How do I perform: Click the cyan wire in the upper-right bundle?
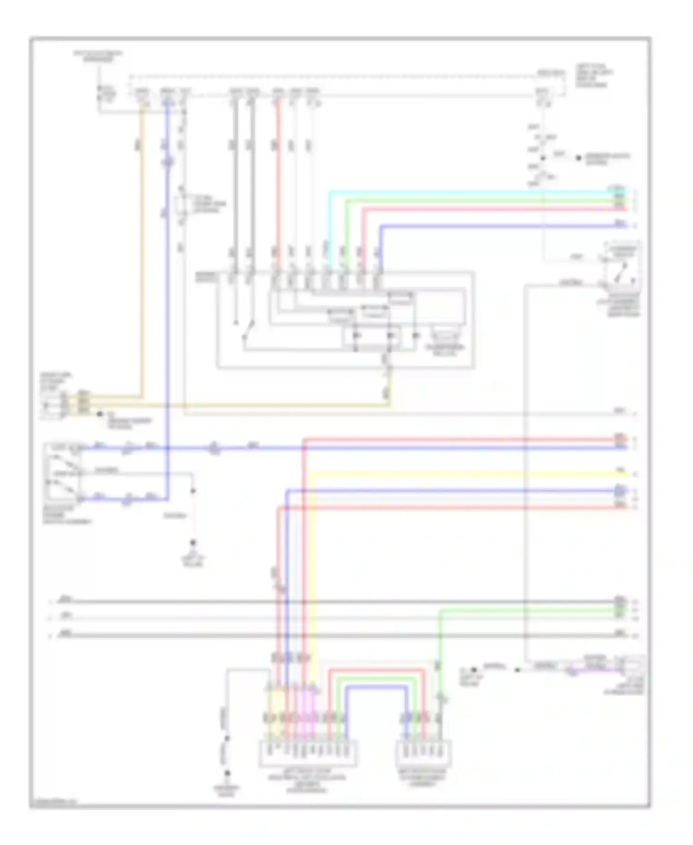click(462, 191)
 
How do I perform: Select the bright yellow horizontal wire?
click(462, 473)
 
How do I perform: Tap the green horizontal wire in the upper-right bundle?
click(462, 200)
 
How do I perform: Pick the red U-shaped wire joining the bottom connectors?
click(377, 670)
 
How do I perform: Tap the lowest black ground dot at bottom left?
click(227, 773)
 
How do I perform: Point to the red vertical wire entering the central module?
click(278, 185)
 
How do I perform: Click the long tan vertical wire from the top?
click(141, 254)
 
